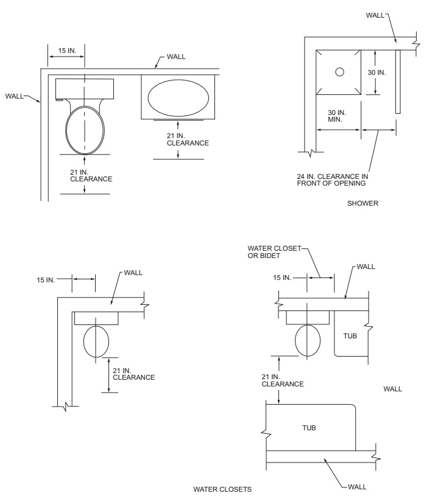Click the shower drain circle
click(339, 72)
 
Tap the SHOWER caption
click(362, 203)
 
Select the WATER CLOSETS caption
click(222, 489)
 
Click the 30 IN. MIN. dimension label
click(337, 116)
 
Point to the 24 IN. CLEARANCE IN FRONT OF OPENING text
click(333, 180)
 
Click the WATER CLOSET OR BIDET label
click(274, 252)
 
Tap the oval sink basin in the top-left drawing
click(178, 98)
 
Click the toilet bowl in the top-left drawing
click(85, 130)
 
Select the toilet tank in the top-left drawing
click(85, 89)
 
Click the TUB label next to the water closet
click(350, 336)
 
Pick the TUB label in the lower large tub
click(309, 428)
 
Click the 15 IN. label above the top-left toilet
click(67, 51)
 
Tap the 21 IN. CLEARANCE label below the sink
click(188, 139)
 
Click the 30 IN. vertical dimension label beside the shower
click(377, 72)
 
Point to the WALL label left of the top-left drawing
click(14, 96)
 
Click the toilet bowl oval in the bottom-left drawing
click(96, 341)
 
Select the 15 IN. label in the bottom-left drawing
click(46, 280)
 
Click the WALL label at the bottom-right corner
click(357, 487)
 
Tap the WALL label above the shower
click(375, 15)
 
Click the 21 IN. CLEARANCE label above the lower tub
click(283, 380)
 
